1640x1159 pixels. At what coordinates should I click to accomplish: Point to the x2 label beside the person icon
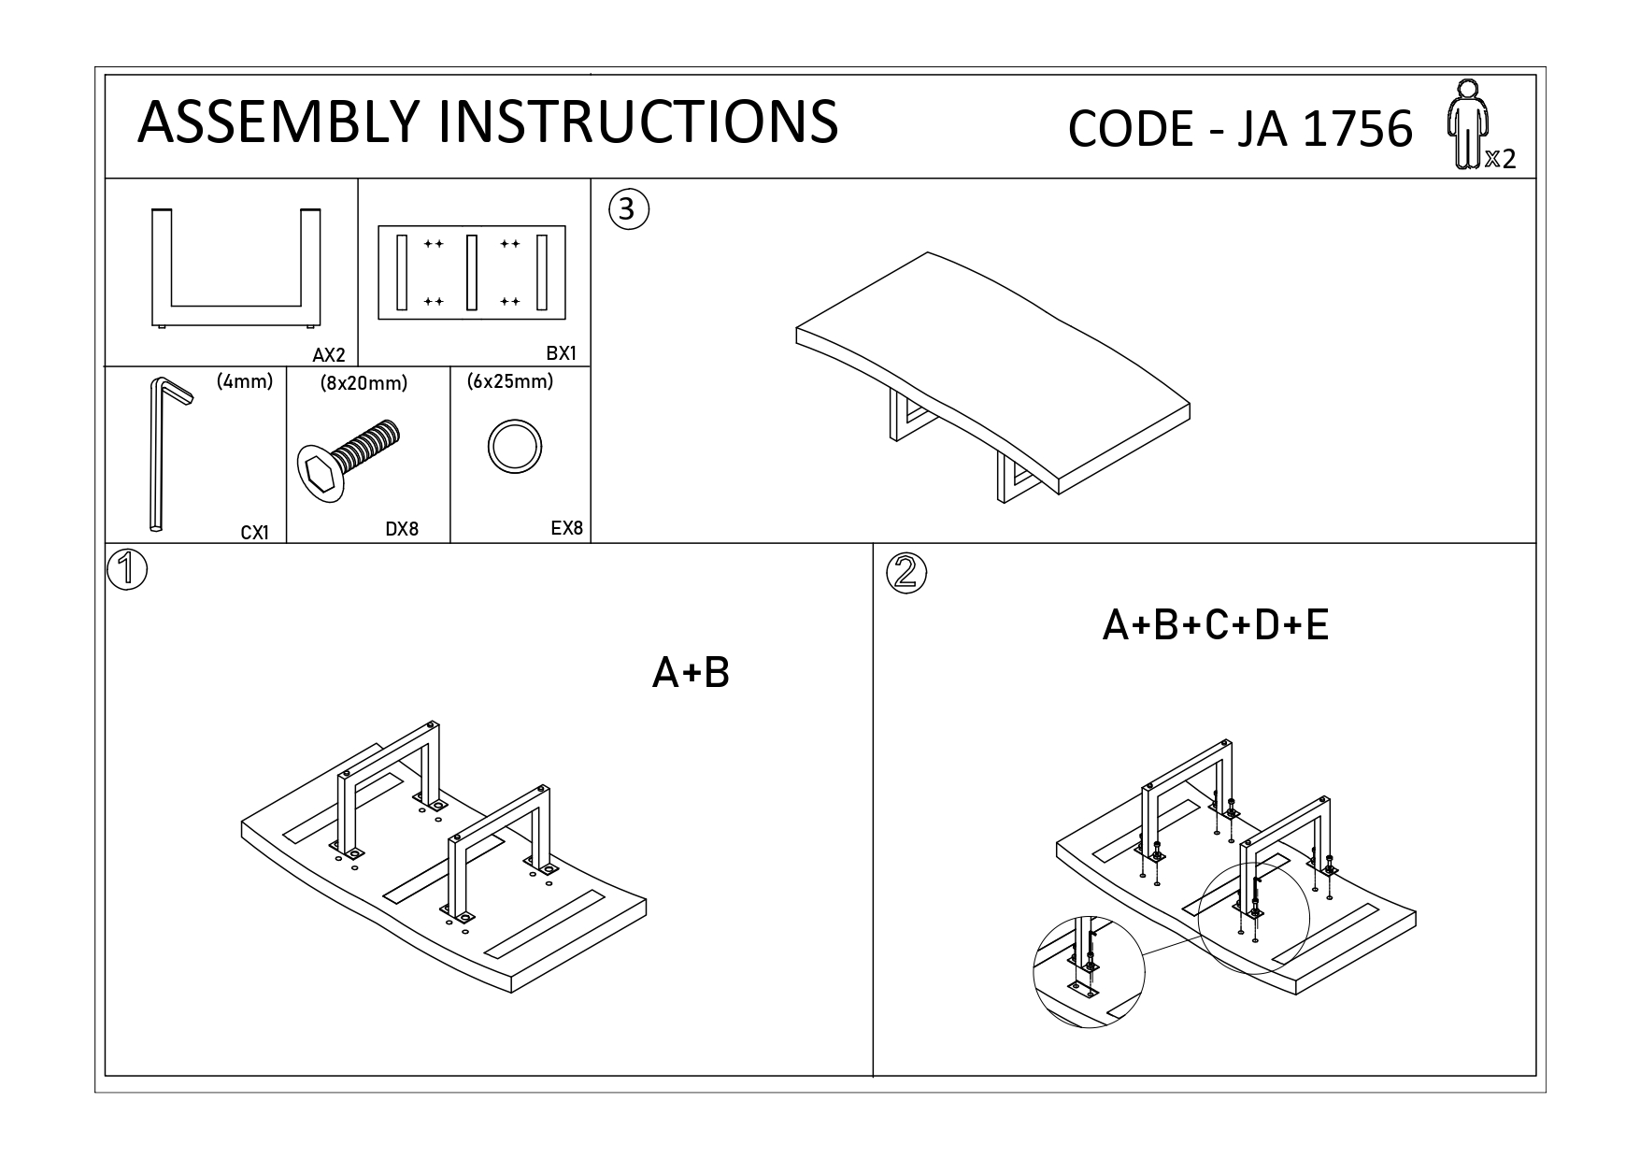click(x=1500, y=160)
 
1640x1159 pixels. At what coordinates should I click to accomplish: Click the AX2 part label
click(x=329, y=355)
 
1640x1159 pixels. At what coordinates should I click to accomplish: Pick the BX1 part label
click(x=562, y=354)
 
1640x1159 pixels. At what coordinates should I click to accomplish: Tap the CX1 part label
click(x=254, y=533)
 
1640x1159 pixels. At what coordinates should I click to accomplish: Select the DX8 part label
click(x=402, y=529)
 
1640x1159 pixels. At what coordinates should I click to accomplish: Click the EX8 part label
click(x=566, y=528)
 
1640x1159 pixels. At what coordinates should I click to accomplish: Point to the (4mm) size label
click(x=244, y=381)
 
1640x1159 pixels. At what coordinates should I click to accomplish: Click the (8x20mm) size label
click(x=364, y=383)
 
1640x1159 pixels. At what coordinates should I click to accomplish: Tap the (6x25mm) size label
click(x=509, y=381)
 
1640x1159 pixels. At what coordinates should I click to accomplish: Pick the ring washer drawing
click(x=514, y=447)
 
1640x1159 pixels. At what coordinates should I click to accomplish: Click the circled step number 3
click(x=628, y=209)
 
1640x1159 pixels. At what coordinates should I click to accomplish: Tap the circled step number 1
click(x=127, y=569)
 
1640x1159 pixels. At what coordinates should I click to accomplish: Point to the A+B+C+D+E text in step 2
click(x=1215, y=625)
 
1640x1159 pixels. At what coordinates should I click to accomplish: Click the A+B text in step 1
click(x=690, y=672)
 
